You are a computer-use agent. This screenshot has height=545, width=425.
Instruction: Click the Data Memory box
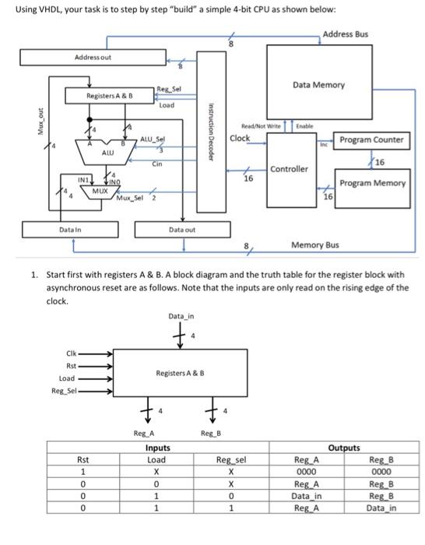318,86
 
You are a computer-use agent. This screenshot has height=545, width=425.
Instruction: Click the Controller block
290,169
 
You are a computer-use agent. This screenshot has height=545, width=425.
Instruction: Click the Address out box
93,58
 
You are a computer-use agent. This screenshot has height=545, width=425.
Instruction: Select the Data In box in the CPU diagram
72,230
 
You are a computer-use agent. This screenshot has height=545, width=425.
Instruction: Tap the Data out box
182,230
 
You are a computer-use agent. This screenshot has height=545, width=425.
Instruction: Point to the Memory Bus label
314,244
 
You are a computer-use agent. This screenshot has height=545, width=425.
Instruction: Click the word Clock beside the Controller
241,139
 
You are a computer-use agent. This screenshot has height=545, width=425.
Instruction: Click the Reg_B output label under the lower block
211,432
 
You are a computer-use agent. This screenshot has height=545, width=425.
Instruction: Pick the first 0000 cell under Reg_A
305,471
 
